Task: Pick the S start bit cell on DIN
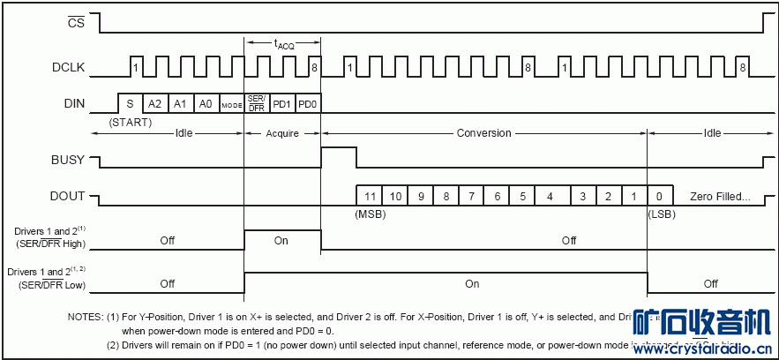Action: [130, 104]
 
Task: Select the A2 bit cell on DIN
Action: [154, 104]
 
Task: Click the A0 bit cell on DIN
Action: [206, 104]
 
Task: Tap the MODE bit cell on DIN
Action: [231, 104]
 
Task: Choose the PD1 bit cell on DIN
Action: [281, 104]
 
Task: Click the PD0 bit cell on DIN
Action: [308, 104]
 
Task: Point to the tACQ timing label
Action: [282, 43]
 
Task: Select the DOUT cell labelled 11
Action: [371, 196]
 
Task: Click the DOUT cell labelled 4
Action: [551, 196]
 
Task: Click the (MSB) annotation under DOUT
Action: [371, 214]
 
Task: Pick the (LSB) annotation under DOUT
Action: [662, 214]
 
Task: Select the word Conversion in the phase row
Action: [483, 133]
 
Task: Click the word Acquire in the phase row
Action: [282, 133]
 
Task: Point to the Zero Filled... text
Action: [720, 196]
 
